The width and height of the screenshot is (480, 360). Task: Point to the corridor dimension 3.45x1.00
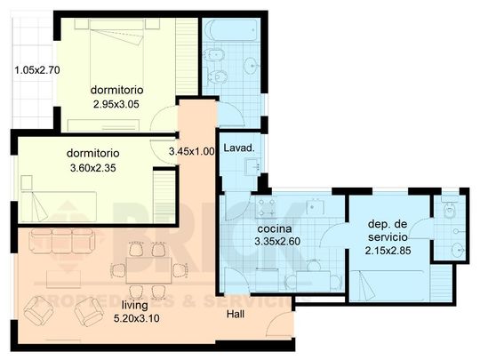click(x=192, y=152)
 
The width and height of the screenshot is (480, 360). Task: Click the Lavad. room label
click(x=239, y=147)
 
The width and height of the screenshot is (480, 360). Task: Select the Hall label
click(x=236, y=315)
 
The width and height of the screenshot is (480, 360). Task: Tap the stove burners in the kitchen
click(x=266, y=208)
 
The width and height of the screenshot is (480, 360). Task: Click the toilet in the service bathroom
click(x=449, y=213)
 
